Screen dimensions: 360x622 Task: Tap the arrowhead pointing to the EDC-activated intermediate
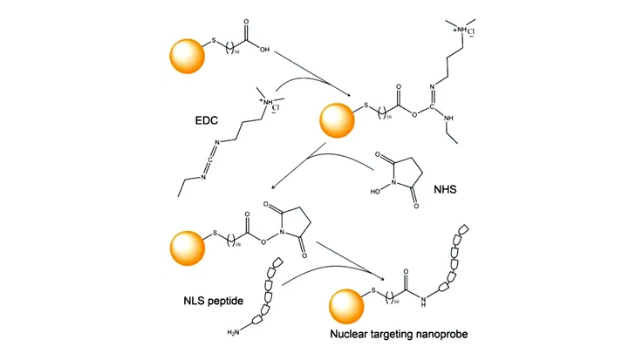(350, 95)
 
